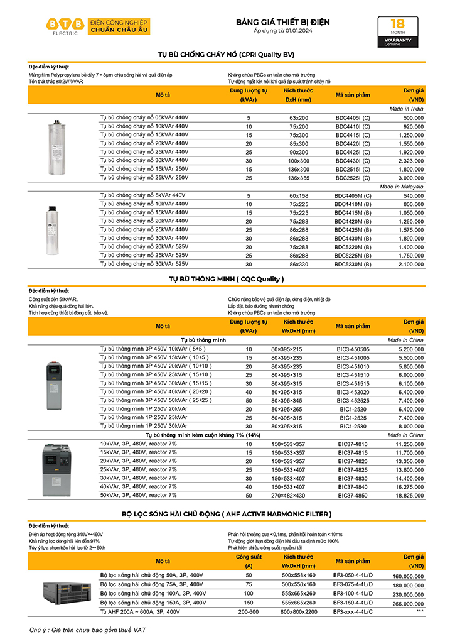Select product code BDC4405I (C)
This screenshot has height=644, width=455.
(353, 118)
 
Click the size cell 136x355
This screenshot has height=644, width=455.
(299, 178)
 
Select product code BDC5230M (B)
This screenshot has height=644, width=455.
(353, 265)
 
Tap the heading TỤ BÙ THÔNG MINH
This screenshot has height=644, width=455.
(227, 279)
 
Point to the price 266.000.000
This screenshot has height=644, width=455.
(408, 603)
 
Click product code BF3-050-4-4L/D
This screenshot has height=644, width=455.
(353, 575)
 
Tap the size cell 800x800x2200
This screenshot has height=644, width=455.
(299, 611)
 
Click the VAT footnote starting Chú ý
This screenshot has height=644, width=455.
(82, 629)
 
